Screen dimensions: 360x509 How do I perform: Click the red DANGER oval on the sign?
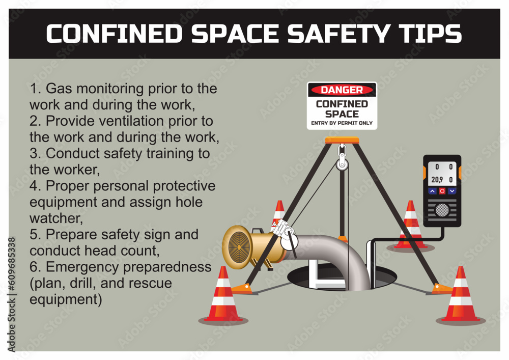(x=342, y=90)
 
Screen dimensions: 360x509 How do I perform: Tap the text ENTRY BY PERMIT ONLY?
(x=342, y=123)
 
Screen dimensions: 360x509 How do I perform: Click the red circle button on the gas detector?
(x=442, y=191)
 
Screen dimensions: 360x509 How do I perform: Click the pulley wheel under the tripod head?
(x=342, y=163)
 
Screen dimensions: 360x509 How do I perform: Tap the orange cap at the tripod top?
(x=342, y=140)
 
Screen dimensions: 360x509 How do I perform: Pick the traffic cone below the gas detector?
(x=411, y=226)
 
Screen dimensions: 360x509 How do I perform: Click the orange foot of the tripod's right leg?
(x=441, y=289)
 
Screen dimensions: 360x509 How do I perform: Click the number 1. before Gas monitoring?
(x=36, y=89)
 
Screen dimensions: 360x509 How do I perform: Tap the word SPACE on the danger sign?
(x=342, y=114)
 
